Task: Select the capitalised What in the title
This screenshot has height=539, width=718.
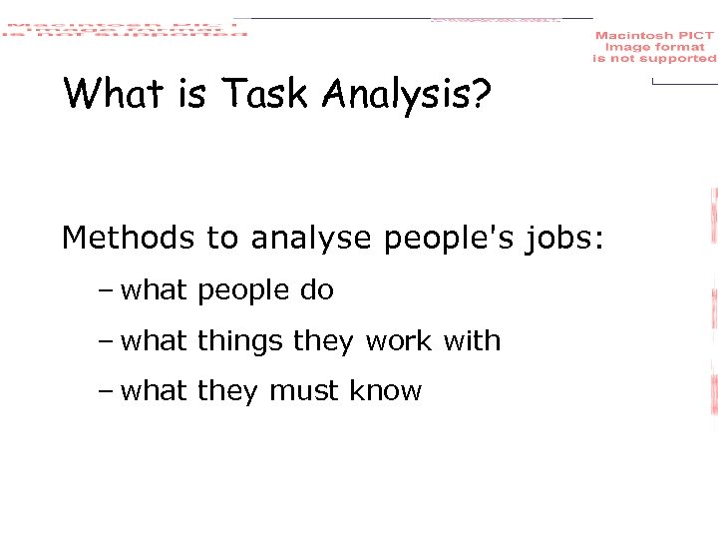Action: pos(111,94)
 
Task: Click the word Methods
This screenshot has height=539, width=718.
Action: pos(128,238)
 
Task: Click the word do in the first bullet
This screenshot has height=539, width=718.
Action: pos(316,290)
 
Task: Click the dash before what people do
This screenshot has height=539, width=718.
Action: pos(106,291)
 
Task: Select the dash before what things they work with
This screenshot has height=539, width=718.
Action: pos(106,342)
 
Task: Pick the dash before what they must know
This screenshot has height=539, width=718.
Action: pos(106,392)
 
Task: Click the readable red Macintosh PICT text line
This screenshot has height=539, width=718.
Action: pos(654,36)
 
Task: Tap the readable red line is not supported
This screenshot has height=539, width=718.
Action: pos(654,59)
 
